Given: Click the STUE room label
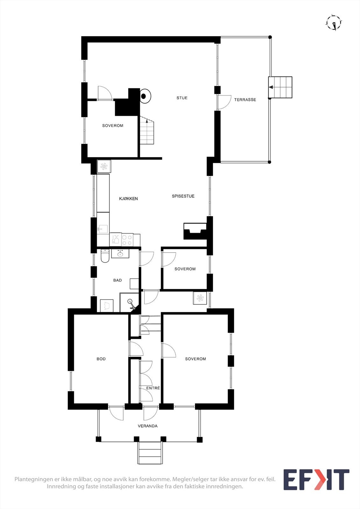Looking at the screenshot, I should (x=182, y=98).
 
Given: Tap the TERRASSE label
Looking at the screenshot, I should (x=245, y=100).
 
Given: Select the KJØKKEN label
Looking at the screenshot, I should (x=129, y=199).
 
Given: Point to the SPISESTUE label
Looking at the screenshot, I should (x=183, y=196).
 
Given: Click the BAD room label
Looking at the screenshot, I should (x=117, y=281).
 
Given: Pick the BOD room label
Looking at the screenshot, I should (x=101, y=359).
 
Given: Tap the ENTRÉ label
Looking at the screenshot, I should (x=153, y=388).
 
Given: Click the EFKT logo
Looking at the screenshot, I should (x=316, y=480).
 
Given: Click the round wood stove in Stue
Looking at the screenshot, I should (x=145, y=96).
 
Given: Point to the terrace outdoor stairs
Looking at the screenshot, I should (x=280, y=87).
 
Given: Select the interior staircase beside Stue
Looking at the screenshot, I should (x=146, y=130).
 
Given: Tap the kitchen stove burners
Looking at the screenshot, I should (x=127, y=240).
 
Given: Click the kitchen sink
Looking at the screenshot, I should (x=102, y=229).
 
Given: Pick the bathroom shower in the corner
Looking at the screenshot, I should (x=130, y=303).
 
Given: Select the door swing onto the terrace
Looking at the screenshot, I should (x=224, y=102).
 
